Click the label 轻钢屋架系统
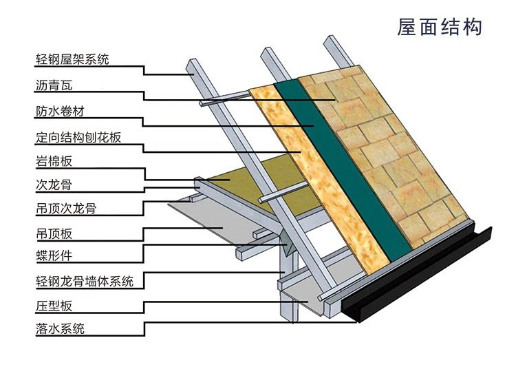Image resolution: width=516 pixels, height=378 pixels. point(72,59)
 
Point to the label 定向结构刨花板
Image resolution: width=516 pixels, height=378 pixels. point(78,136)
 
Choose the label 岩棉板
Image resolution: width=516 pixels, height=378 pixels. point(54,162)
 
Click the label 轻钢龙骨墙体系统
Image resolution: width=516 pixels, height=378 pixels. point(85,280)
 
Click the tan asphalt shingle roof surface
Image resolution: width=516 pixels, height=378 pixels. point(385,138)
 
